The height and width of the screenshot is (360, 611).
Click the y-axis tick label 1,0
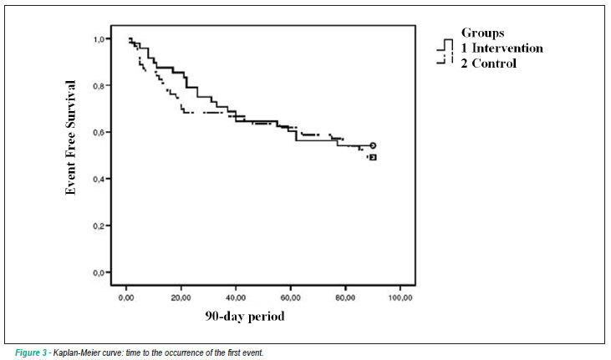pos(99,39)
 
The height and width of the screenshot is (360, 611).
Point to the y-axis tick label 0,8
pos(99,86)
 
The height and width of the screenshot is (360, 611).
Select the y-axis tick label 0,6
pos(99,133)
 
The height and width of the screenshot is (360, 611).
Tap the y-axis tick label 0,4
pos(99,180)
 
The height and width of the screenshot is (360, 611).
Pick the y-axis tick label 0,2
pos(99,226)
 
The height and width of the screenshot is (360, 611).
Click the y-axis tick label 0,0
pos(99,273)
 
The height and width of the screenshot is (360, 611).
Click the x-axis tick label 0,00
pos(126,298)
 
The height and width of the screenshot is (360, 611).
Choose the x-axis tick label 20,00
pos(181,298)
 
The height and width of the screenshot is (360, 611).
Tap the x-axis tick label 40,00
pos(236,298)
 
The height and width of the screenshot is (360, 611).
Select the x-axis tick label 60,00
pos(291,298)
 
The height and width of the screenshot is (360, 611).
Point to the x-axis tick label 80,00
pos(345,298)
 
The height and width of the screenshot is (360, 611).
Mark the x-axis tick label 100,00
pos(400,298)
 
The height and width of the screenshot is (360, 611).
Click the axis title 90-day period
pos(245,316)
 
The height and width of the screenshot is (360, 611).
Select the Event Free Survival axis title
pos(70,137)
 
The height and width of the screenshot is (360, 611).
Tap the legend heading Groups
pos(483,33)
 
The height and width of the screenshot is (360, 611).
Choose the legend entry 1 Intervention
pos(502,48)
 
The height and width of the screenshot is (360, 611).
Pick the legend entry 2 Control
pos(489,63)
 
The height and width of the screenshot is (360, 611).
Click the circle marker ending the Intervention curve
pos(373,145)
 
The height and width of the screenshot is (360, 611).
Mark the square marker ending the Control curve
pos(373,157)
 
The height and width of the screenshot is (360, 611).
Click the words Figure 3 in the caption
pos(31,353)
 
